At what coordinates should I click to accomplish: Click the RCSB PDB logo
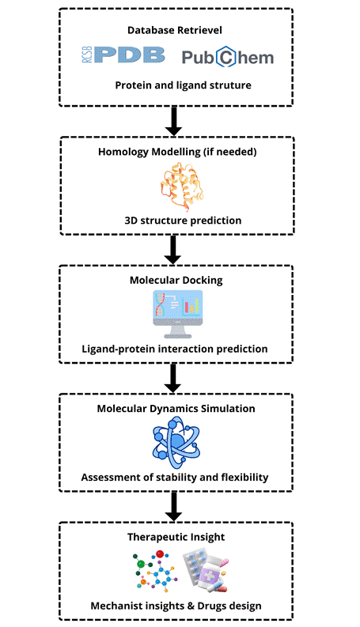coord(123,55)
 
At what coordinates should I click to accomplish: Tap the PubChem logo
coord(228,57)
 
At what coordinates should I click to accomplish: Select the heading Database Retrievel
coord(175,30)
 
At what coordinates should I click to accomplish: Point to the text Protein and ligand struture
coord(184,85)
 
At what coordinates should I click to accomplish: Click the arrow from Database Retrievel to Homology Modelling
coord(173,121)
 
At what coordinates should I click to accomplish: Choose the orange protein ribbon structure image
coord(182,187)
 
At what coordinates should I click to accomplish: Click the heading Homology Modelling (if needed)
coord(177,152)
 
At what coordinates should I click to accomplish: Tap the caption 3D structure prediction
coord(183,221)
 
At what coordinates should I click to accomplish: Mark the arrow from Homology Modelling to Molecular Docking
coord(173,250)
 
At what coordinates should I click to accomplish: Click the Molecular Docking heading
coord(176,281)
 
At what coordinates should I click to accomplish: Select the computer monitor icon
coord(177,315)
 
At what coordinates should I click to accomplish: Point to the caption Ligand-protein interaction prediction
coord(175,349)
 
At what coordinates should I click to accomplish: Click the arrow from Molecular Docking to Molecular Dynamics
coord(172,378)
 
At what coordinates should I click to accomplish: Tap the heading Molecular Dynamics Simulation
coord(176,409)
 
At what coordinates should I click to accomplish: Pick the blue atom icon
coord(176,443)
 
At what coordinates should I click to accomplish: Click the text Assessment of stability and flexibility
coord(175,478)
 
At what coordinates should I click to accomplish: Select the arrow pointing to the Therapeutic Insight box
coord(173,507)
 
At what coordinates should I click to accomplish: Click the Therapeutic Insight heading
coord(176,537)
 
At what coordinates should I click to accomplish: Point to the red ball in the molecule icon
coord(160,554)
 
